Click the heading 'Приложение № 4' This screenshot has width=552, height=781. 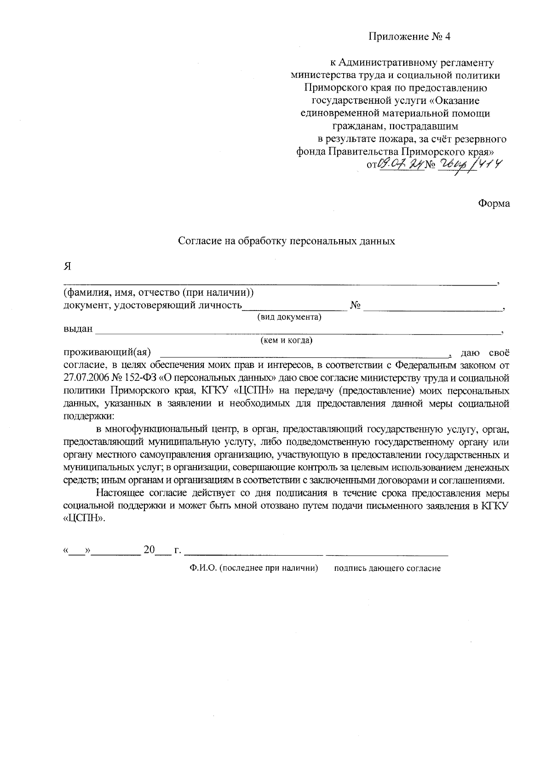click(x=409, y=37)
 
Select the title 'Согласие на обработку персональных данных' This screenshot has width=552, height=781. click(x=287, y=241)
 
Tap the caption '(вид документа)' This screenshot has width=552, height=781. click(x=289, y=317)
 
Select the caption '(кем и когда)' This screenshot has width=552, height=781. click(x=287, y=340)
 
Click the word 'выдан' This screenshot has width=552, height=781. click(x=78, y=329)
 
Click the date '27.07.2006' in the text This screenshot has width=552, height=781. click(x=86, y=378)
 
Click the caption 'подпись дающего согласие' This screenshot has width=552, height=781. click(x=387, y=569)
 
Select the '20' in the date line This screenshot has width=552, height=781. click(x=149, y=550)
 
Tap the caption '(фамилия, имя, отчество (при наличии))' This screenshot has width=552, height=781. click(x=158, y=293)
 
